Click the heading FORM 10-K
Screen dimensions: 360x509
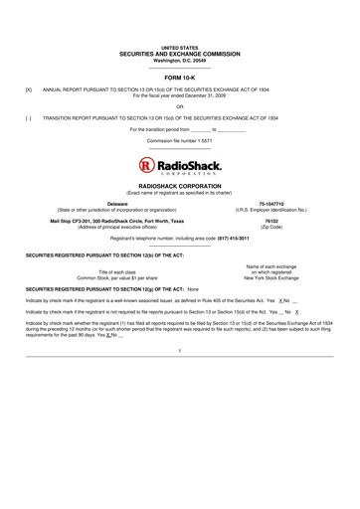click(x=180, y=76)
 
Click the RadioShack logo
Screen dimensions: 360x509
click(x=180, y=164)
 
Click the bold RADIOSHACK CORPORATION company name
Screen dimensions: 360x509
click(x=180, y=185)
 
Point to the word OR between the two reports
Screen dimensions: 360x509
click(x=180, y=103)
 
